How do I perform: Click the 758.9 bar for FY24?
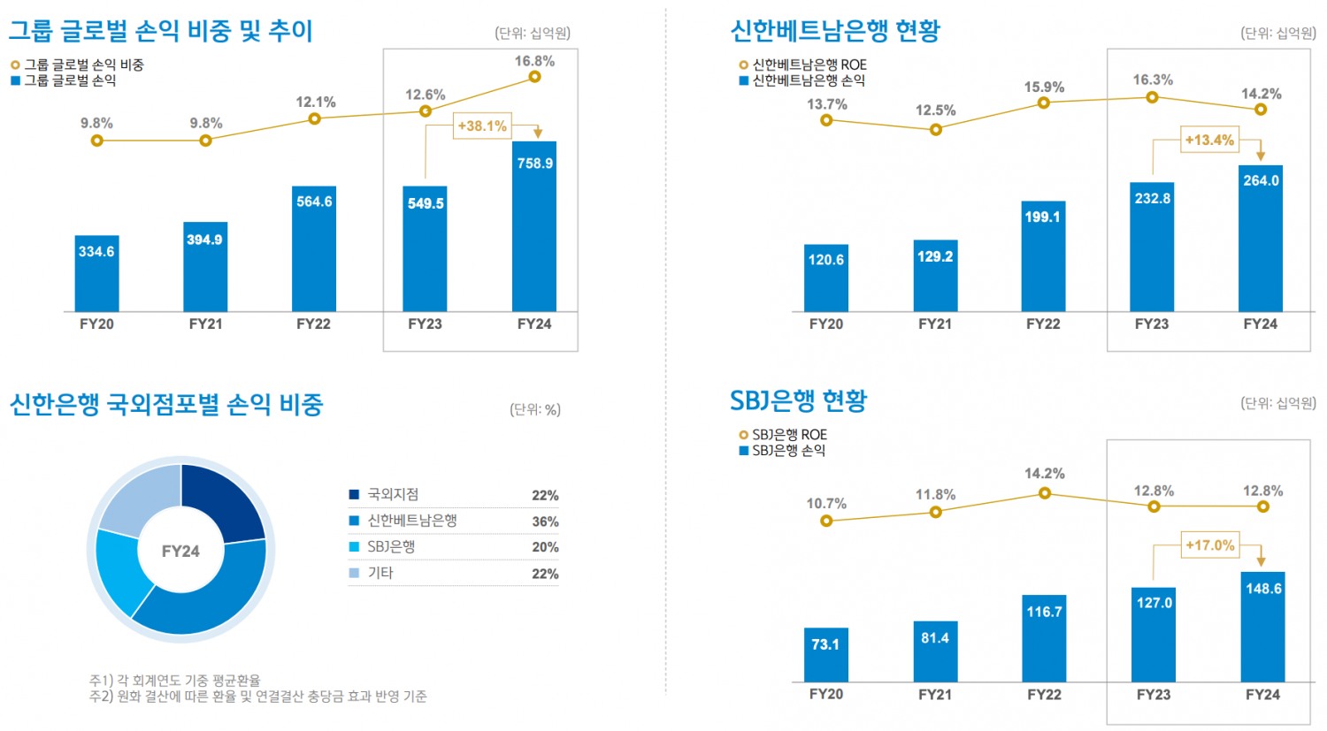tap(534, 226)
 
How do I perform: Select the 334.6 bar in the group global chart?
tap(96, 273)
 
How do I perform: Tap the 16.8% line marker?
tap(534, 77)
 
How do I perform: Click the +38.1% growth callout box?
tap(482, 126)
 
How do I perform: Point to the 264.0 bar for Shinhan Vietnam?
tap(1261, 239)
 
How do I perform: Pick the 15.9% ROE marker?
tap(1044, 103)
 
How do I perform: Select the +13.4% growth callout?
tap(1209, 140)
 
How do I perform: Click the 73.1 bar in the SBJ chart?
tap(825, 655)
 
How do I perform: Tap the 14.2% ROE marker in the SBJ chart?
tap(1045, 493)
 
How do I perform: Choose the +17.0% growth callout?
tap(1209, 545)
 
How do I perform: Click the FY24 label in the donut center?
tap(180, 552)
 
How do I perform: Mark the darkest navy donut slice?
tap(221, 499)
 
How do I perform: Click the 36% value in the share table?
tap(545, 522)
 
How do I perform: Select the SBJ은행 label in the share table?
tap(391, 547)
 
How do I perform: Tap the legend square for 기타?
tap(355, 573)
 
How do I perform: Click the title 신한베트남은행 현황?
tap(835, 31)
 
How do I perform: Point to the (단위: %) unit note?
tap(535, 409)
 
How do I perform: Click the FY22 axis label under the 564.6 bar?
tap(313, 324)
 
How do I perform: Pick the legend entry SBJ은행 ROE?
tap(789, 435)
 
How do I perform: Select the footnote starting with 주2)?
tap(258, 697)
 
